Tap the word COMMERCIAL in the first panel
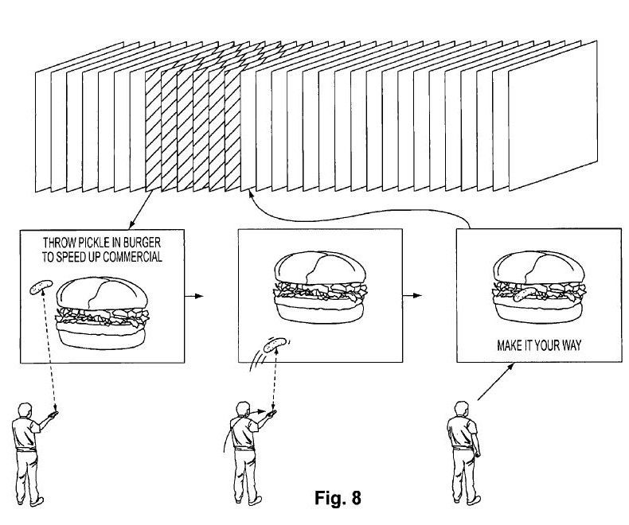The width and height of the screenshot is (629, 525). point(132,257)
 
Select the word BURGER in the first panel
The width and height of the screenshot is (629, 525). point(142,243)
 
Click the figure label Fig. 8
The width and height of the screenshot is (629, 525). point(338,498)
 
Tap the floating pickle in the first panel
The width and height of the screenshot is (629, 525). point(41,287)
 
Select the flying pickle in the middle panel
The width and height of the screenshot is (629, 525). point(275,345)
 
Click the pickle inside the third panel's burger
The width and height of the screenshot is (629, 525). point(524,294)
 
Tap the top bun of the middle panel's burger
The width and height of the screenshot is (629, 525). point(320,268)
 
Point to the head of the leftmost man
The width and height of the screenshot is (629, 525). point(25,410)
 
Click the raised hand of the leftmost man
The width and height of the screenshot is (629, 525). point(53,414)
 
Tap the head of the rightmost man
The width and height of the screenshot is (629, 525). point(461,409)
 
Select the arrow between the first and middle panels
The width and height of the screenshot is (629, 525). point(193,296)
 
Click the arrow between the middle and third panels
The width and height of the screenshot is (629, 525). point(412,296)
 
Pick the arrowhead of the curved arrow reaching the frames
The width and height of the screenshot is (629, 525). point(251,194)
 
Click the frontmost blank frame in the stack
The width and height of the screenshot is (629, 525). point(553,115)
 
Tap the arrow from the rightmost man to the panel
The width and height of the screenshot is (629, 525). point(496,382)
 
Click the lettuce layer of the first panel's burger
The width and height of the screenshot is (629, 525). point(102,317)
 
